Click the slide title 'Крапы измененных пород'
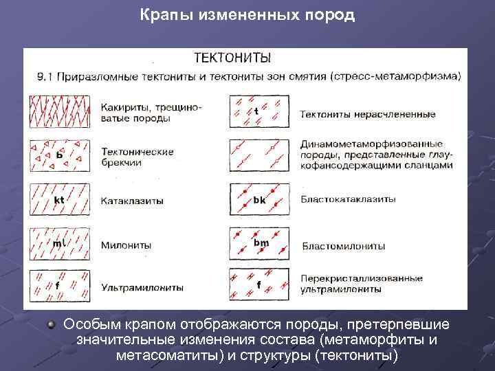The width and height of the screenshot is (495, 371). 247,15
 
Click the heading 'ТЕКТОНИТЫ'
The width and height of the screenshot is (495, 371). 232,57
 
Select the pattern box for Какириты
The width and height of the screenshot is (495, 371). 60,111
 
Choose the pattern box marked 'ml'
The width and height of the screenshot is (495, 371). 60,243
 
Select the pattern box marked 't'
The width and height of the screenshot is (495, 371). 258,111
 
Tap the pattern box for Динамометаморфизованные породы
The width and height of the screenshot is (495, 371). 258,155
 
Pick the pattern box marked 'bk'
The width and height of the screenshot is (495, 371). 258,199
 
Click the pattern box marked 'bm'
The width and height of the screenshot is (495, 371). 258,243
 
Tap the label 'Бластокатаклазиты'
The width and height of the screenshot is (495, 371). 348,199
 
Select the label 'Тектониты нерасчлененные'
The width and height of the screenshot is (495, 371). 368,113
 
